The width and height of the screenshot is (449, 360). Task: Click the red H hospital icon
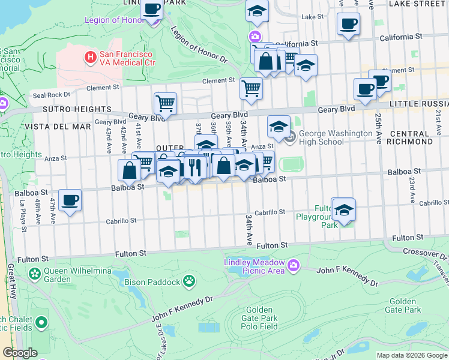click(91, 58)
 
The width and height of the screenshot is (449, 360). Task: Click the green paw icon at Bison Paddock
click(189, 280)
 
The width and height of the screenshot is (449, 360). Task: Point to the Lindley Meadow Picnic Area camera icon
click(294, 265)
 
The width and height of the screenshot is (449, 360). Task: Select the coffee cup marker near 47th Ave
click(70, 200)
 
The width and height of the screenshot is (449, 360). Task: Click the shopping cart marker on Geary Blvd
click(165, 103)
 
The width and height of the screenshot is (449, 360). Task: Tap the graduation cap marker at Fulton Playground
click(343, 211)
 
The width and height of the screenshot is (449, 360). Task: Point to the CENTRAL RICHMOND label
click(411, 137)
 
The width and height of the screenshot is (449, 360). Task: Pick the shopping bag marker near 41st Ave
click(130, 170)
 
